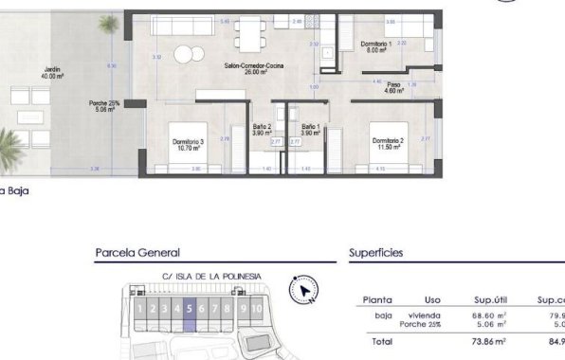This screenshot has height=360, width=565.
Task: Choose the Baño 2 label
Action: pos(262,130)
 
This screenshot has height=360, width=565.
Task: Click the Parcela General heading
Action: pos(137,253)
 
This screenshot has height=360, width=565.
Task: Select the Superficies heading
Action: pos(376,253)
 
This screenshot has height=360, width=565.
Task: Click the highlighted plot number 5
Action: pos(190,308)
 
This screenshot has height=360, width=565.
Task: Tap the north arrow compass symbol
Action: pos(303,291)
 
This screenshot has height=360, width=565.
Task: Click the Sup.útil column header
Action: pos(489,299)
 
